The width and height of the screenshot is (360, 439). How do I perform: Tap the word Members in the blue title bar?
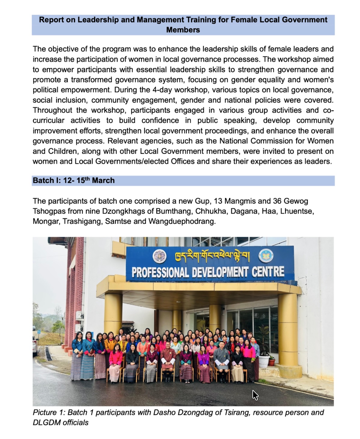coord(183,30)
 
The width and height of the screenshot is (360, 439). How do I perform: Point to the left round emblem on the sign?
coord(160,256)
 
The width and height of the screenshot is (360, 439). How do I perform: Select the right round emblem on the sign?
coord(266,256)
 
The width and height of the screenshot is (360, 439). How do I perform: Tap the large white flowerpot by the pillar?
coord(264,361)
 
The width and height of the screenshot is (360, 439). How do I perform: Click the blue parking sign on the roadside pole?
coord(39,332)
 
